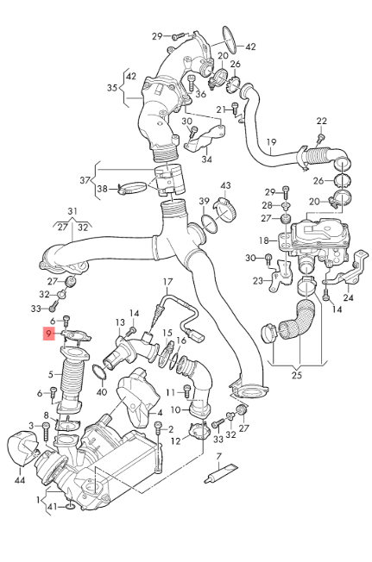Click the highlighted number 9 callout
[x=48, y=334]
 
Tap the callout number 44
[x=19, y=479]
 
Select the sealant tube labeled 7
[x=221, y=473]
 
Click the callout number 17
[x=168, y=282]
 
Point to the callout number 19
[x=272, y=142]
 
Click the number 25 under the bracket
[x=297, y=375]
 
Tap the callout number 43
[x=225, y=185]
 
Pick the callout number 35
[x=112, y=87]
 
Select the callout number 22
[x=322, y=121]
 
